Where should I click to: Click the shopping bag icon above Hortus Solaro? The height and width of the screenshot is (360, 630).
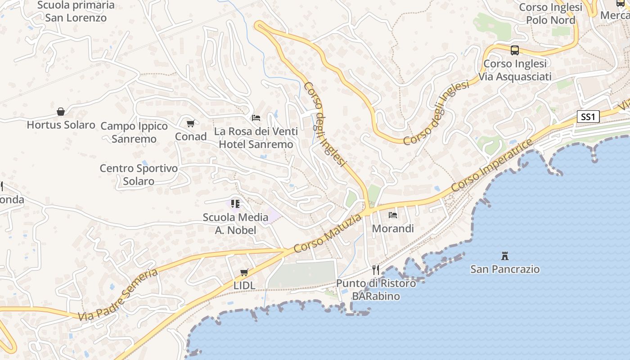pos(61,112)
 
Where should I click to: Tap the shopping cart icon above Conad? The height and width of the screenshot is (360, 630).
pos(190,123)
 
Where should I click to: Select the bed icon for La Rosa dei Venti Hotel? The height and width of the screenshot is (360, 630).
pos(256,118)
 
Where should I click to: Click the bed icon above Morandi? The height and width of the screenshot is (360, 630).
pos(393,215)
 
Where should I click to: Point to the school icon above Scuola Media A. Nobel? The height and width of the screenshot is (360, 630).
pos(235,204)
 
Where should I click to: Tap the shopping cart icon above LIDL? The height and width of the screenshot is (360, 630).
pos(244,272)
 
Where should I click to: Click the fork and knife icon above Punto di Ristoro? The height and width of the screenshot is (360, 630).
pos(376,270)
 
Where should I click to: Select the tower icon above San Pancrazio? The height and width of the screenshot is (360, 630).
pos(505,256)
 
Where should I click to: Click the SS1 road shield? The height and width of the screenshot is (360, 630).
pos(588,117)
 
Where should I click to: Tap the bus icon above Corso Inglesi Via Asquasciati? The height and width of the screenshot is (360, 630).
pos(515,50)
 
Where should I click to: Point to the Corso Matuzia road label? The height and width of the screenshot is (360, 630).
pos(327,234)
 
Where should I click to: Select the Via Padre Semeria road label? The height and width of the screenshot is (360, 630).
pos(118,295)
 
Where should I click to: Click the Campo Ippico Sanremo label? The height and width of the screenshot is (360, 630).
pos(134,132)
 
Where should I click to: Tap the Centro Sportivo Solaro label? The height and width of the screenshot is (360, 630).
pos(139,175)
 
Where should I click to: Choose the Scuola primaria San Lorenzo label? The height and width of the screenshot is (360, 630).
pos(76,12)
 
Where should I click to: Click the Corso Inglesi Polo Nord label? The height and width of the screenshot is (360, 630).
pos(551,13)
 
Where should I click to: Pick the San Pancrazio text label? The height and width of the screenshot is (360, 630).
pos(505,269)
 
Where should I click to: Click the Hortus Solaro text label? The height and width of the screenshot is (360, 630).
pos(61,125)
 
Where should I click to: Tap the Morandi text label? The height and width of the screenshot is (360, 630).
pos(393,229)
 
